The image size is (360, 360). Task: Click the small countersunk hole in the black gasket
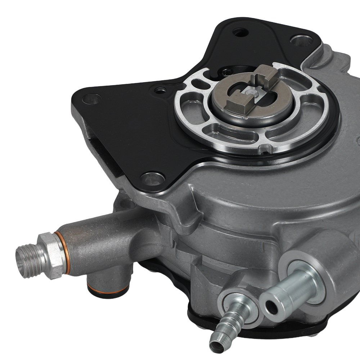[x=159, y=90]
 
